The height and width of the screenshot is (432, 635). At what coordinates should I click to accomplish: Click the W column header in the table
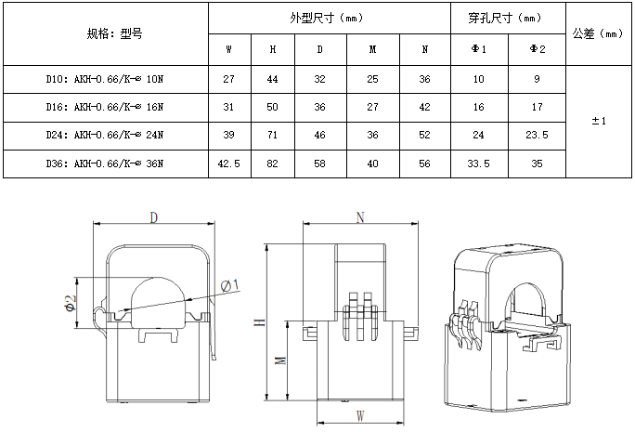[229, 49]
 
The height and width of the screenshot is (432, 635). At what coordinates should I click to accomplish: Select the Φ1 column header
[480, 49]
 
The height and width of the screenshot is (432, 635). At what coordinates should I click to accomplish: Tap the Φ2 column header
[538, 49]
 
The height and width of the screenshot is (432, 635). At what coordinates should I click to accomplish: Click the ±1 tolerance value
[599, 121]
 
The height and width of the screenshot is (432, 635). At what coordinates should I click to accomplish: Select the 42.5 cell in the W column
[229, 164]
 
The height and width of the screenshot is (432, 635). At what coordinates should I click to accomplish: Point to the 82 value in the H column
[273, 164]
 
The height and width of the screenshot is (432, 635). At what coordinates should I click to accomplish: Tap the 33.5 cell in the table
[480, 164]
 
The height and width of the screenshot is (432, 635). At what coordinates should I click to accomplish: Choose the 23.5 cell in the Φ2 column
[538, 135]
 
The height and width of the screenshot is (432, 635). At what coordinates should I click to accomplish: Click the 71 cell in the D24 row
[273, 135]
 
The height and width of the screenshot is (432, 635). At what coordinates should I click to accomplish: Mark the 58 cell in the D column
[320, 164]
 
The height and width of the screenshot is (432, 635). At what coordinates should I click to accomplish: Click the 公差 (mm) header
[599, 34]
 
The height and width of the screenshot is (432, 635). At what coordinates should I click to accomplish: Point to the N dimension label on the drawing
[360, 216]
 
